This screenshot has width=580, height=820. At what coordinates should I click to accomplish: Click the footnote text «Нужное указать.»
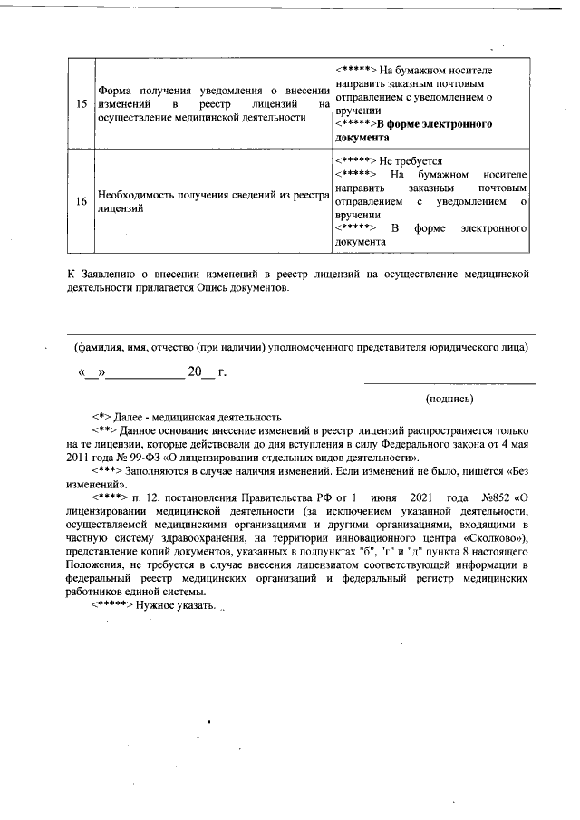[x=177, y=605]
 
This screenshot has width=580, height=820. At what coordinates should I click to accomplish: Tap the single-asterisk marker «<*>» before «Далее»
[x=101, y=415]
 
